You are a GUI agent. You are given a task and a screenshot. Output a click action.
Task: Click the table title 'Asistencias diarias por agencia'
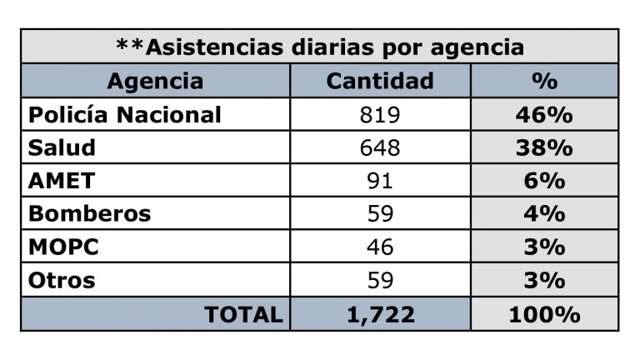coord(320,47)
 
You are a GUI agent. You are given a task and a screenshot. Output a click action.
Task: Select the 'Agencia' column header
coord(155,81)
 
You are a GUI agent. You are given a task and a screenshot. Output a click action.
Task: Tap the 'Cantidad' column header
coord(380,81)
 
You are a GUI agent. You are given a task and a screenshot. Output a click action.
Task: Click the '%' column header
coord(545,81)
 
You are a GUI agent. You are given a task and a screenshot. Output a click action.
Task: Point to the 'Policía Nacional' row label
coord(125,115)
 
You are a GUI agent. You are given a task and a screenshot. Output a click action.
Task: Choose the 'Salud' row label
coord(62,148)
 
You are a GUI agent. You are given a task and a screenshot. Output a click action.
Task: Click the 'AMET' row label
coord(62,181)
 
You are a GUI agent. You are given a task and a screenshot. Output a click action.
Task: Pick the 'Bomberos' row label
coord(90,213)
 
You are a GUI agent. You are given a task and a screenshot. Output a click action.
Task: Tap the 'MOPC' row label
coord(64,247)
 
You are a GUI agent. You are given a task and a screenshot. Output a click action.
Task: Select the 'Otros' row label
coord(62,280)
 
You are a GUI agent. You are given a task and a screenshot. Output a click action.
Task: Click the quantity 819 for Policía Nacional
coord(380,115)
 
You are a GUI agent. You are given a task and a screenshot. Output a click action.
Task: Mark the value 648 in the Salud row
coord(380,148)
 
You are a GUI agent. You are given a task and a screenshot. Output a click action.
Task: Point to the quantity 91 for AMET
coord(380,181)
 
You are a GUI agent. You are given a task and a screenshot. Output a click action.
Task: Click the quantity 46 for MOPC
coord(380,247)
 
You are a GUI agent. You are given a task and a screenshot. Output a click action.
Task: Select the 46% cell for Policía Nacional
coord(545,115)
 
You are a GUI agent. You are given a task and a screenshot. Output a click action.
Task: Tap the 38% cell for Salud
coord(545,148)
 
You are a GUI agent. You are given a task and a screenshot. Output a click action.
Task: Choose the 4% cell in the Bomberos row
coord(545,213)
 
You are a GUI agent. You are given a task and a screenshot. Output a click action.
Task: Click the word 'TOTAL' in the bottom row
coord(243,314)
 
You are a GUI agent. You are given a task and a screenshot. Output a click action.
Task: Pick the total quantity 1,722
coord(380,314)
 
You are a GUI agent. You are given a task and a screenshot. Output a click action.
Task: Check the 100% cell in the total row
coord(545,314)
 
